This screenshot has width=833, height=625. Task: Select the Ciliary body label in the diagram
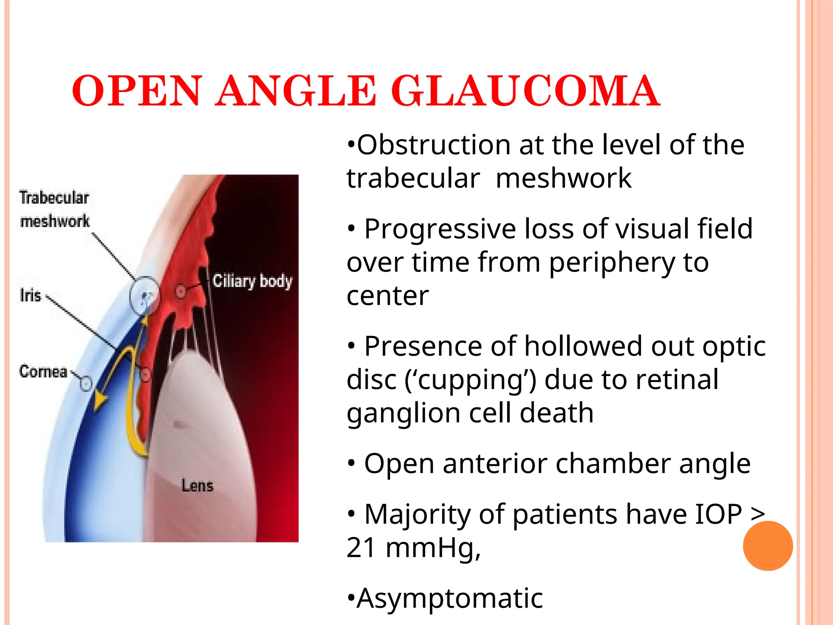[x=253, y=281]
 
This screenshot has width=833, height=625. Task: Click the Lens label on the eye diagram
[x=197, y=485]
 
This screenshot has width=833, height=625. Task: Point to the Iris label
[x=31, y=295]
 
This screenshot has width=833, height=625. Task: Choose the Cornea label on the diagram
[x=43, y=372]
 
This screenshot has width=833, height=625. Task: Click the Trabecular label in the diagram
[x=54, y=198]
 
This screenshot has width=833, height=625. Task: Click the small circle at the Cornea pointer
[x=86, y=383]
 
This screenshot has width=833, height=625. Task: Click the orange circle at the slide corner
[x=768, y=546]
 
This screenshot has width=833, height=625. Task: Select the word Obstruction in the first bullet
[x=434, y=145]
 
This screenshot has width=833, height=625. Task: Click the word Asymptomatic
[x=449, y=598]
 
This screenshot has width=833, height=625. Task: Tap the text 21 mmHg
[x=413, y=548]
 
